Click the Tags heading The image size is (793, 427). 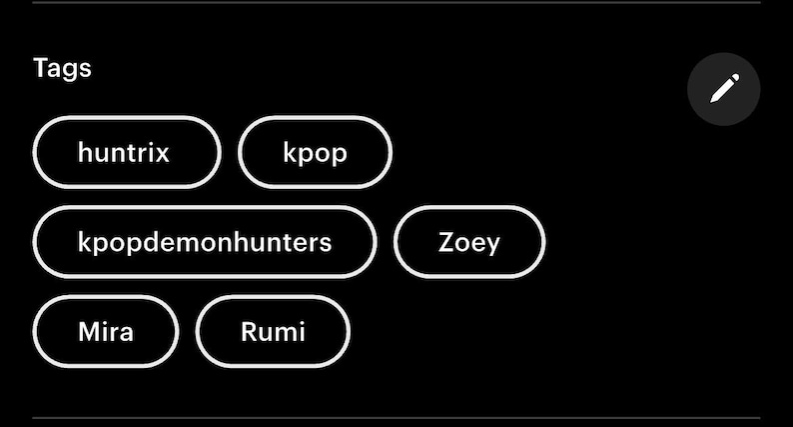pyautogui.click(x=62, y=68)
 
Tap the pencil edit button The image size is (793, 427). pyautogui.click(x=724, y=89)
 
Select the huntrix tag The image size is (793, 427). pyautogui.click(x=127, y=152)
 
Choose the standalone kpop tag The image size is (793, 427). pyautogui.click(x=315, y=152)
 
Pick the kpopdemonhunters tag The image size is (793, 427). pyautogui.click(x=205, y=242)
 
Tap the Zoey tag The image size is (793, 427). pyautogui.click(x=469, y=242)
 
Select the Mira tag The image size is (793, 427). pyautogui.click(x=106, y=331)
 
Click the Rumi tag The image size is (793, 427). pyautogui.click(x=273, y=331)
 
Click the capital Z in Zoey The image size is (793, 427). pyautogui.click(x=445, y=242)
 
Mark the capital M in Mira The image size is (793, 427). pyautogui.click(x=90, y=332)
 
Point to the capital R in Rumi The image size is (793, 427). pyautogui.click(x=249, y=332)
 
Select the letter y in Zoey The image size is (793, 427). pyautogui.click(x=492, y=247)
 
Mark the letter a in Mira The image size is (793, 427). pyautogui.click(x=126, y=334)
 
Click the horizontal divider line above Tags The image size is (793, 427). pyautogui.click(x=396, y=3)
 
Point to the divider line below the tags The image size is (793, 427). pyautogui.click(x=396, y=418)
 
